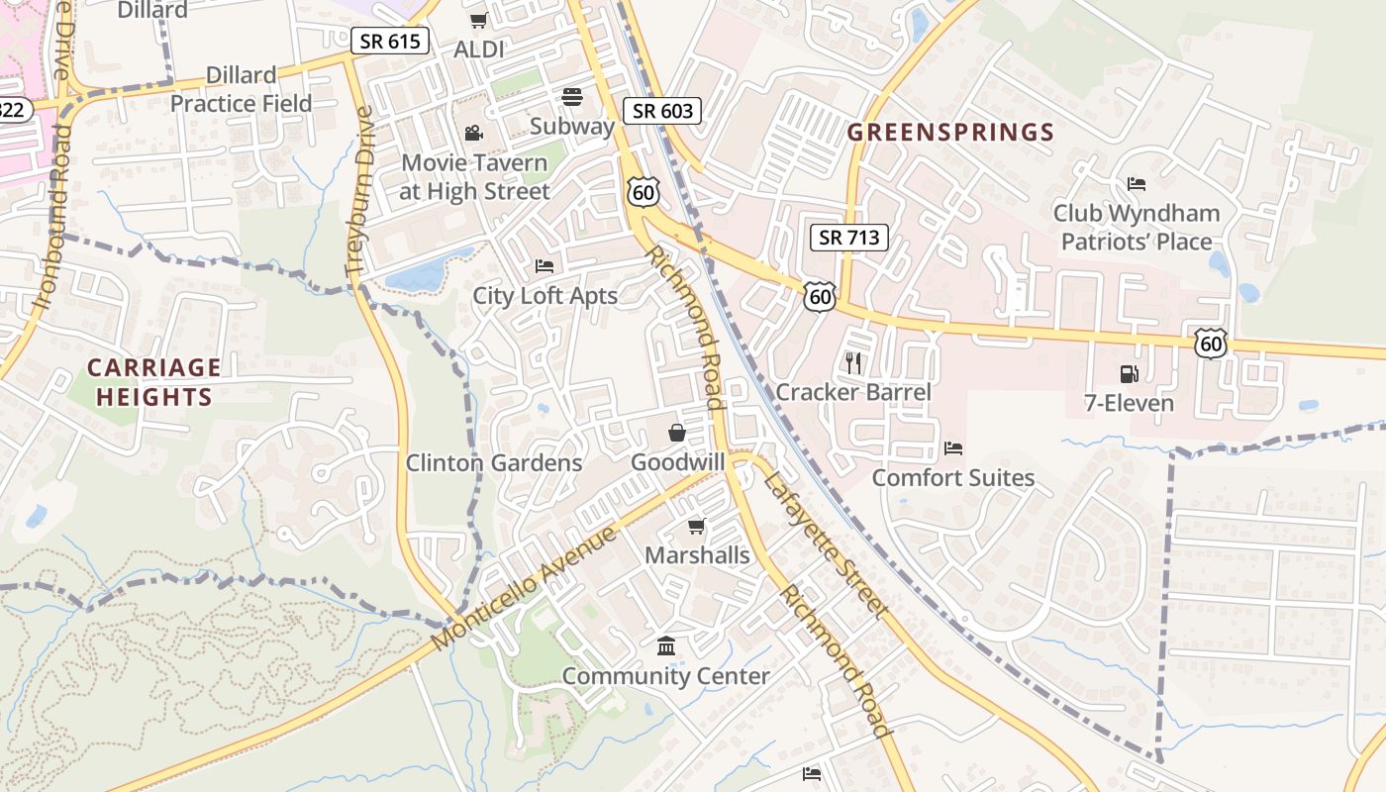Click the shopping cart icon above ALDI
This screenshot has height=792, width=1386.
[479, 20]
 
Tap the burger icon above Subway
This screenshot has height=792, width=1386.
[572, 96]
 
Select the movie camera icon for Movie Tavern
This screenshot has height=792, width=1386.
[473, 133]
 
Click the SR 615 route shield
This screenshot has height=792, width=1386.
[390, 41]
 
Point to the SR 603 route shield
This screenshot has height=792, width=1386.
[662, 110]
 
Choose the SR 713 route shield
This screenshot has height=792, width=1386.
[848, 238]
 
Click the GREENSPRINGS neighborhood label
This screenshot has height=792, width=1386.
[950, 132]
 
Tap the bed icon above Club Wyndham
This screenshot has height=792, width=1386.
[1137, 183]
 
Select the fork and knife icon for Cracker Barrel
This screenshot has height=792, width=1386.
[853, 363]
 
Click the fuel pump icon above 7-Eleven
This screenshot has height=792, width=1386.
[1128, 373]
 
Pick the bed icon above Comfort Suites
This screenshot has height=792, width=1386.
[953, 448]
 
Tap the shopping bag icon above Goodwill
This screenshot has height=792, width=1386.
[677, 433]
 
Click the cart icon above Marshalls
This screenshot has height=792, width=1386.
[697, 526]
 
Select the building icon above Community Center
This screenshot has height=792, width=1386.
[666, 646]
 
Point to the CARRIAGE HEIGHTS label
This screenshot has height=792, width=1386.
[153, 382]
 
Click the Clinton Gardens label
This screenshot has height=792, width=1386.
[494, 462]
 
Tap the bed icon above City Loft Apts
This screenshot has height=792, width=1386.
[544, 265]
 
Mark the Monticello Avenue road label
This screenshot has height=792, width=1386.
[525, 588]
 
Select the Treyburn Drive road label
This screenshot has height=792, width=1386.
[359, 190]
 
